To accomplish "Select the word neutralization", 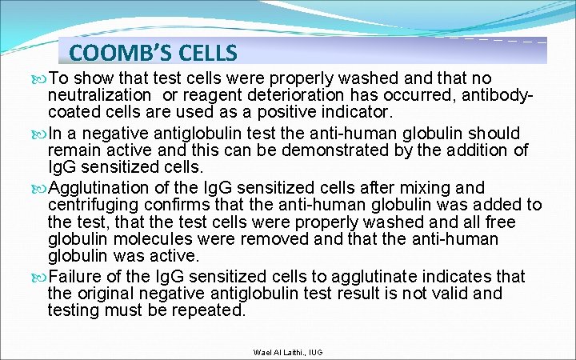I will tap(102, 95).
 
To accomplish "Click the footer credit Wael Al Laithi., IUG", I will tap(288, 352).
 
